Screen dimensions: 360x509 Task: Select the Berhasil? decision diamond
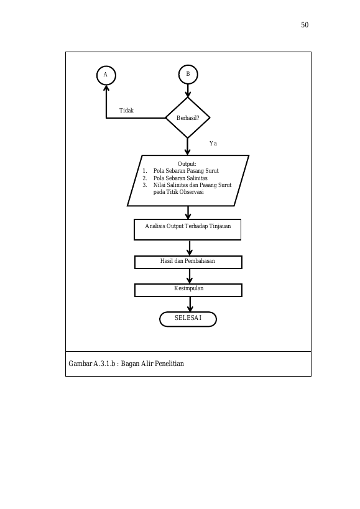tap(188, 118)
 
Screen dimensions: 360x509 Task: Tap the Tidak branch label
tap(126, 111)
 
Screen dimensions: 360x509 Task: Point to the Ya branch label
tap(213, 144)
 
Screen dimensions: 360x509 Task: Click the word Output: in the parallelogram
tap(187, 164)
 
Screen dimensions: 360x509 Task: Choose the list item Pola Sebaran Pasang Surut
tap(186, 171)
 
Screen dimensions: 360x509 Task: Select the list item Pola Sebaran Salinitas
tap(180, 178)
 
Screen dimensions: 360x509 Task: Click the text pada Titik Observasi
tap(178, 192)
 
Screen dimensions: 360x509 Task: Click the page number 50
tap(305, 25)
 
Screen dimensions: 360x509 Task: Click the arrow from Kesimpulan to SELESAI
tap(190, 304)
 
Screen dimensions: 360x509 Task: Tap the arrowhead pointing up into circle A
tap(106, 88)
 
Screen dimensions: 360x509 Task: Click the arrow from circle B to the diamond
tap(188, 91)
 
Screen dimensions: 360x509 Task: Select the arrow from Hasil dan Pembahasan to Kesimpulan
tap(190, 276)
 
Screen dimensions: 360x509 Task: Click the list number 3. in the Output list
tap(145, 185)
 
